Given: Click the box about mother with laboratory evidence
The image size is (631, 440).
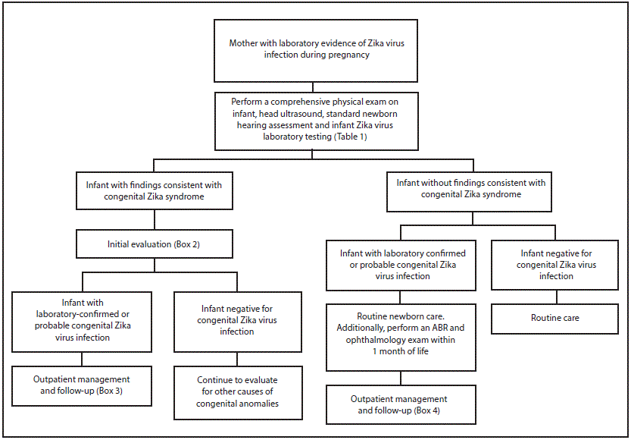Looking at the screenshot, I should (316, 49).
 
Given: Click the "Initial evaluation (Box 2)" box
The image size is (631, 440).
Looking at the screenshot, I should (154, 245).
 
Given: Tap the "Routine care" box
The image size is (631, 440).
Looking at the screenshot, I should (554, 318).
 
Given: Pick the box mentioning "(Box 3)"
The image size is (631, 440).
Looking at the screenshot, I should (81, 385).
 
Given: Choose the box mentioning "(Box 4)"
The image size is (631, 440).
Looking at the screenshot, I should (401, 404).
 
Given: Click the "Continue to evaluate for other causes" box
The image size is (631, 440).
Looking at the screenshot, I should (237, 391).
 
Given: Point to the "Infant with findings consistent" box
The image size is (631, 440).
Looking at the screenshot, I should (155, 189).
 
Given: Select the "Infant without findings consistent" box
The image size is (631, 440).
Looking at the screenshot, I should (470, 189).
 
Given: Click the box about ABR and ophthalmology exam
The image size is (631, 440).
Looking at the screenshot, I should (401, 333).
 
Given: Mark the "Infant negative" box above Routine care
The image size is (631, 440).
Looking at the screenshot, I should (555, 265).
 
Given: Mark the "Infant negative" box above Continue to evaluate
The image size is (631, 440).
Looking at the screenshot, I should (237, 319).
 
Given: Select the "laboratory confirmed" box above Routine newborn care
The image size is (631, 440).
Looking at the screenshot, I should (401, 265).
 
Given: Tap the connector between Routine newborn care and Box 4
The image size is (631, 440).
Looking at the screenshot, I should (401, 378).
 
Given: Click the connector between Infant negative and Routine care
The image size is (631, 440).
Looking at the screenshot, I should (555, 296).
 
